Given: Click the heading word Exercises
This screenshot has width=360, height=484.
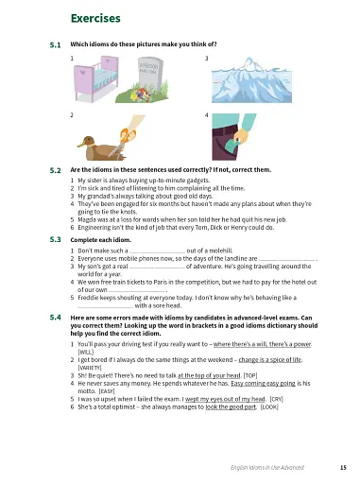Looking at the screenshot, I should coord(96,18).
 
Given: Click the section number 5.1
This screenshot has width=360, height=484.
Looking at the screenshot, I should coord(55,44).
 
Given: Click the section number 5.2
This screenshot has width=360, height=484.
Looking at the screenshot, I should coord(55,169).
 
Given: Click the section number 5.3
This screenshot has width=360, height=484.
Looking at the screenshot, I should coord(55,240).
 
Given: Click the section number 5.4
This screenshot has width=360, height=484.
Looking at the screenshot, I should coord(55,320).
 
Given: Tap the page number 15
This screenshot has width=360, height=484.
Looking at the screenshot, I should coord(343,467).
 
